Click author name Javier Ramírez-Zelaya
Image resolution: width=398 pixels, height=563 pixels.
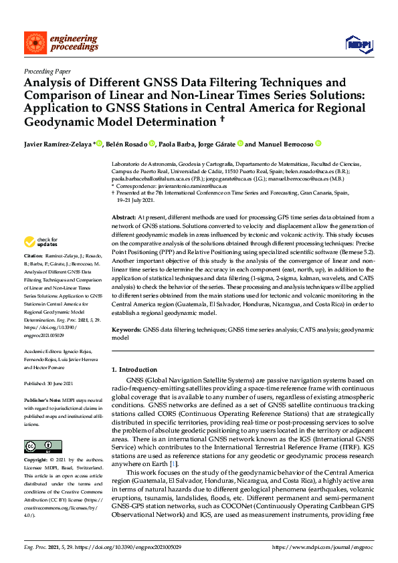[x=58, y=144]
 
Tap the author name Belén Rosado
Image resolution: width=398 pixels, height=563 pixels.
[x=125, y=144]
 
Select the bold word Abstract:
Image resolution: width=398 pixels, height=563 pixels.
[x=124, y=218]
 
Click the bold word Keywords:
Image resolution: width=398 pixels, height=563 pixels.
[x=126, y=330]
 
